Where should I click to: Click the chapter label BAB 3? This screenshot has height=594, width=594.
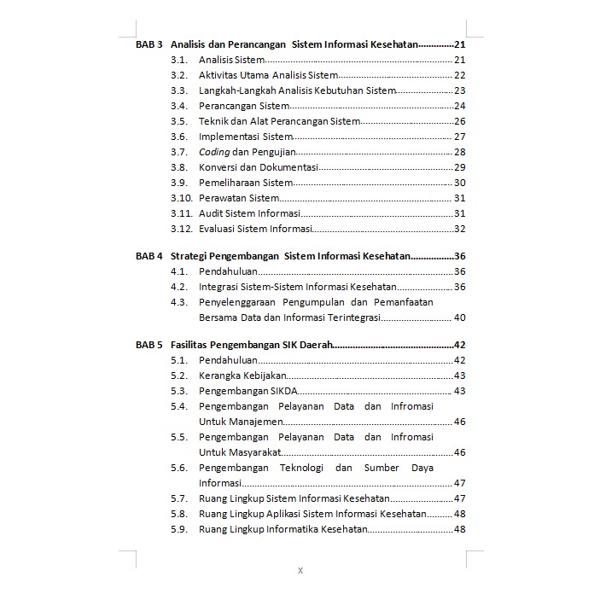(148, 44)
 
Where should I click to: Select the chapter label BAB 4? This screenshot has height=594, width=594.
(148, 256)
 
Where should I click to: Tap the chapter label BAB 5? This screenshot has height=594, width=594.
(148, 345)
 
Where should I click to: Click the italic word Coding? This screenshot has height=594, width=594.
(214, 152)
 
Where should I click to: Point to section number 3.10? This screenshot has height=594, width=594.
(179, 198)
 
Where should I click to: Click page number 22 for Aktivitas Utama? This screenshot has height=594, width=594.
(459, 75)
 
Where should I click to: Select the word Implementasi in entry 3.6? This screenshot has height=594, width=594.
(228, 137)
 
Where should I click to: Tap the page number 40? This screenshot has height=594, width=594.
(459, 317)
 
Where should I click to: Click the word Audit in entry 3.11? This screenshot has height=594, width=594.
(210, 213)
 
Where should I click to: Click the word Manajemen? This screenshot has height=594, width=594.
(241, 422)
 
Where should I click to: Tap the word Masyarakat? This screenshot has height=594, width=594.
(239, 452)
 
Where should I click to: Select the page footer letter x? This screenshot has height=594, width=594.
(300, 570)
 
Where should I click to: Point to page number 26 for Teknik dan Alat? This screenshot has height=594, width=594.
(459, 121)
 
